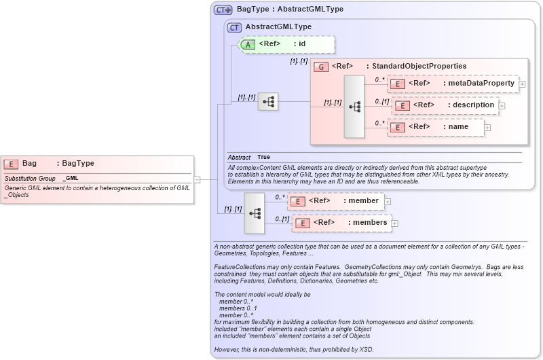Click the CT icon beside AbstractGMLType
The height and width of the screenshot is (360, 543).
point(234,27)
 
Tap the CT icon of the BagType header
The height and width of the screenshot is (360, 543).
point(223,10)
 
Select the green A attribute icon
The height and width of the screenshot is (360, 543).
point(248,44)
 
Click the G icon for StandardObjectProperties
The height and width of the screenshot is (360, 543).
point(321,67)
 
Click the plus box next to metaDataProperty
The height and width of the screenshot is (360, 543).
point(523,84)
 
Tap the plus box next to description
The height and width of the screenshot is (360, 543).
point(502,105)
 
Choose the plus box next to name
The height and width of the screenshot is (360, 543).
point(487,127)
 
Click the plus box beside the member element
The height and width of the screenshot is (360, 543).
point(388,200)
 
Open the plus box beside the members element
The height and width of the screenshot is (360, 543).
point(395,223)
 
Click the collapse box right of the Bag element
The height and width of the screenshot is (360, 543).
point(197,180)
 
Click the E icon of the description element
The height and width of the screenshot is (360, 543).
point(402,105)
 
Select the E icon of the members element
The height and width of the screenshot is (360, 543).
point(303,223)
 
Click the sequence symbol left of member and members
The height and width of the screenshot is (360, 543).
point(255,213)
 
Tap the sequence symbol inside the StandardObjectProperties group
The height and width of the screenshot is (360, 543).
point(354,107)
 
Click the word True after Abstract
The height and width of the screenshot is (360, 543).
point(263,157)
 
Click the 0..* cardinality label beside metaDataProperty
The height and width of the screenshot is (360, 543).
point(380,79)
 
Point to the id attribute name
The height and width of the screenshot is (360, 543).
point(302,44)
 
